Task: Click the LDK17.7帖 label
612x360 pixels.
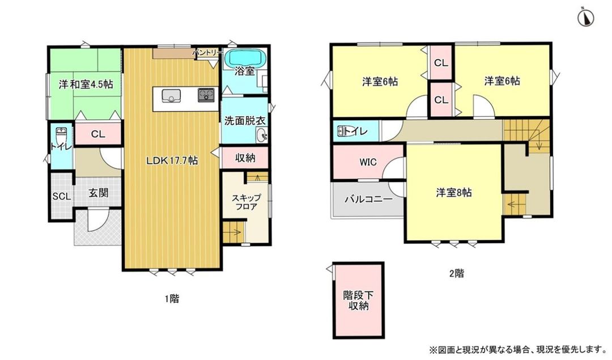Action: pyautogui.click(x=172, y=160)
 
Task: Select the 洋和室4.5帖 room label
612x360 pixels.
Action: pyautogui.click(x=86, y=84)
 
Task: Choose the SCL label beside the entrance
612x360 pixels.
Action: pyautogui.click(x=61, y=197)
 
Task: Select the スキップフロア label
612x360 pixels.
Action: pyautogui.click(x=246, y=202)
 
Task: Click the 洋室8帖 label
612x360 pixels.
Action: pyautogui.click(x=453, y=192)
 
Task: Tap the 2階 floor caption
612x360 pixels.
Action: pyautogui.click(x=456, y=273)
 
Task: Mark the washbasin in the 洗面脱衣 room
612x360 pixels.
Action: pyautogui.click(x=262, y=135)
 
